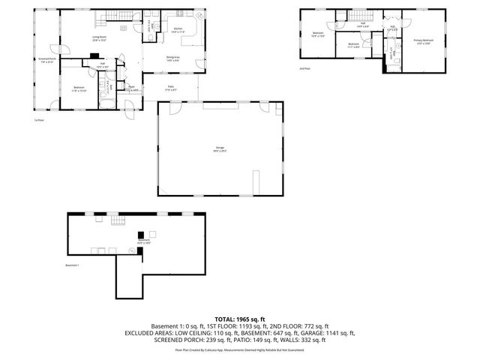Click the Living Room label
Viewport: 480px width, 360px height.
tap(98, 38)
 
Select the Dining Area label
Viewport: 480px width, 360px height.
tap(172, 60)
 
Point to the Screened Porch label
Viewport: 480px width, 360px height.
tap(47, 60)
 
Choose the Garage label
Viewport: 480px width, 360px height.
tap(220, 150)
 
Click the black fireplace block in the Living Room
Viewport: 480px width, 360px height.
tap(93, 55)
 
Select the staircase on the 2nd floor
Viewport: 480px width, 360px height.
tap(362, 16)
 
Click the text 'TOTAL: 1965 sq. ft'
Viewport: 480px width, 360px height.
tap(240, 319)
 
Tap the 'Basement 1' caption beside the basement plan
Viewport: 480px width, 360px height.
tap(72, 265)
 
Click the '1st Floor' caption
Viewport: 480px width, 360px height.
tap(37, 120)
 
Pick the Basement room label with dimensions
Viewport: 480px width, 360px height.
tap(144, 241)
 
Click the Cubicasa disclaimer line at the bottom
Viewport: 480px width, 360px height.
tap(240, 349)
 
